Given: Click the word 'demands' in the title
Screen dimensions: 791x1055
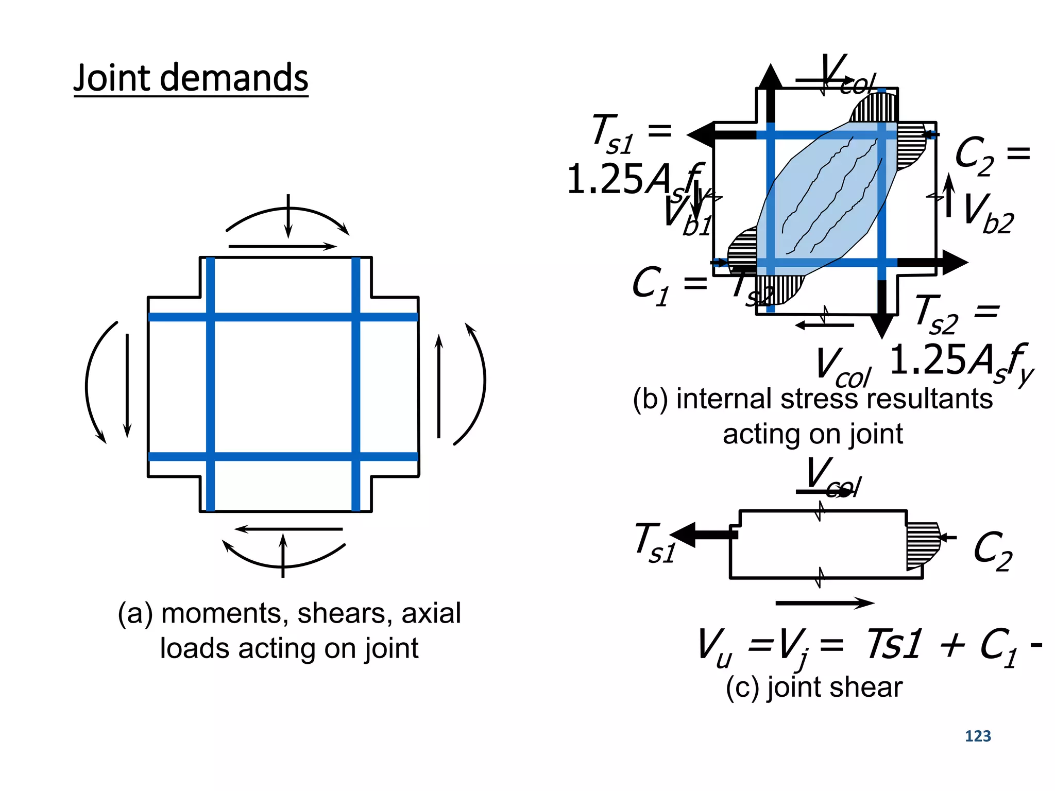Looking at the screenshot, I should coord(234,78).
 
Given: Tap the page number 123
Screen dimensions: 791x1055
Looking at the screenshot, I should coord(977,736).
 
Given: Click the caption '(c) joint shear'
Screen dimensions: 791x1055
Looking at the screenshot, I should coord(814,687).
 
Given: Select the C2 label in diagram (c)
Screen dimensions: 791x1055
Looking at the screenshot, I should coord(992,551).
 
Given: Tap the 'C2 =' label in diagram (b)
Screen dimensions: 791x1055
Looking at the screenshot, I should coord(992,154).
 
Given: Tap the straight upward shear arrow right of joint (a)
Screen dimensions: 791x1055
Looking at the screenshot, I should coord(439,386).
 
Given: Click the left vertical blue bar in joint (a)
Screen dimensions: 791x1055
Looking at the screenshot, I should coord(210,384).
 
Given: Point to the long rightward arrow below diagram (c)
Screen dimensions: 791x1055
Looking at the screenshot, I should coord(824,603).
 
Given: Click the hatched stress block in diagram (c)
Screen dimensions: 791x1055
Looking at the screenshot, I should coord(922,546).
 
